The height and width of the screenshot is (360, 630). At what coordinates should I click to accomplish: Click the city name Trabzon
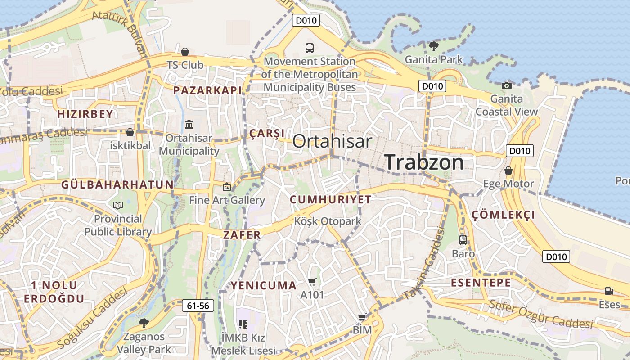coord(424,162)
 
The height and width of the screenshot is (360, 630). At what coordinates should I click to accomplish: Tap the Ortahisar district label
coord(332,141)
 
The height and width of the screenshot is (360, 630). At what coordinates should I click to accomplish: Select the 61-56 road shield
coord(198,306)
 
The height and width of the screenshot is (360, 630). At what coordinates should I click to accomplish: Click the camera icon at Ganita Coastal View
coord(507,85)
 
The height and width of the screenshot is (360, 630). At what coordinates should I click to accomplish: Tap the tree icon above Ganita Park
coord(433,46)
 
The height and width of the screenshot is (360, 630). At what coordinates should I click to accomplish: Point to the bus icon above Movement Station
coord(309,48)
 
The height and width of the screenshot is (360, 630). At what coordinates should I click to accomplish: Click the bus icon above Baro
coord(463,240)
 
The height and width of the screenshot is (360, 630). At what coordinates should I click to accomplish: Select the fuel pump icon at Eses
coord(609,291)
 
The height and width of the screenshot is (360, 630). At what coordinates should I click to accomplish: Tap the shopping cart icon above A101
coord(312,282)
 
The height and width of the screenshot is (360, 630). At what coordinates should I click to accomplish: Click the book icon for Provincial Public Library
coord(118,206)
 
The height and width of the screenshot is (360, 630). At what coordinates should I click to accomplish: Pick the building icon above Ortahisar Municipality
coord(189,124)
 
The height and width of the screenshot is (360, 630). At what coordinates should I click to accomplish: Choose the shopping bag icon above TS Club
coord(185,52)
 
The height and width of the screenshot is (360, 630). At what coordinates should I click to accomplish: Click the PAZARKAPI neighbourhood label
coord(207,90)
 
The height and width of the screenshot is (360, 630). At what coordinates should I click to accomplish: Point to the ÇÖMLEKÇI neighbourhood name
coord(504,215)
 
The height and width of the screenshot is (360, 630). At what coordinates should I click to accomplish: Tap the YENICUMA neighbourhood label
coord(264,285)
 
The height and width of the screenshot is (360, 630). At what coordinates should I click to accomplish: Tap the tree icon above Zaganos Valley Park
coord(144,322)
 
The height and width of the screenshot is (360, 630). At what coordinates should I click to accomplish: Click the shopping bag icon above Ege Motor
coord(508,171)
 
